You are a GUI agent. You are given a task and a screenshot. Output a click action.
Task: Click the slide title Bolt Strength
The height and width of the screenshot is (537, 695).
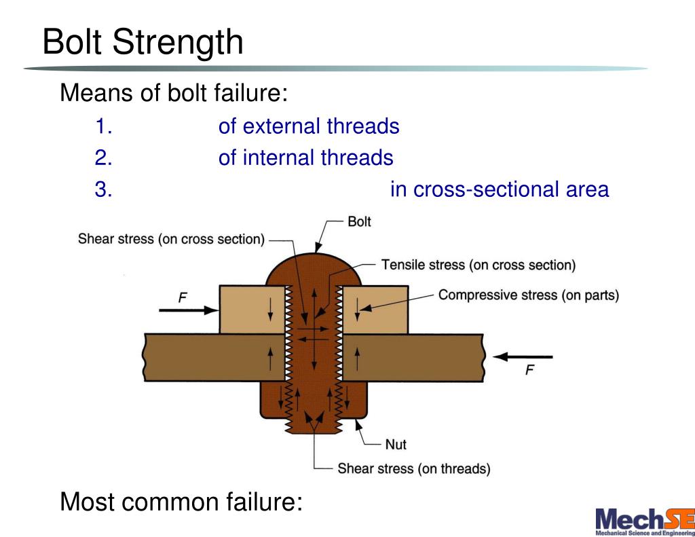click(143, 42)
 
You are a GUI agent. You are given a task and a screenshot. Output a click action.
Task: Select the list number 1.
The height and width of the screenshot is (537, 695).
click(103, 126)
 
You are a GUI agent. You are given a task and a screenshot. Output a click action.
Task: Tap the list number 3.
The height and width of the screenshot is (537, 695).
click(103, 189)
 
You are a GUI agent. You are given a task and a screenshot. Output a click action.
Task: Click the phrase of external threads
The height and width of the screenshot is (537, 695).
click(309, 126)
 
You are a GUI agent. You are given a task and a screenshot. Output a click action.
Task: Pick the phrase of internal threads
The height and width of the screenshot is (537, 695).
click(305, 158)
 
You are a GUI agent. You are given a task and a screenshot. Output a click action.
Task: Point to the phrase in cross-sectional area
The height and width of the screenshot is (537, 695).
click(500, 189)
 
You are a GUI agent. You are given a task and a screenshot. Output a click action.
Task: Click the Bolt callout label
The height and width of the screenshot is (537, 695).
click(359, 222)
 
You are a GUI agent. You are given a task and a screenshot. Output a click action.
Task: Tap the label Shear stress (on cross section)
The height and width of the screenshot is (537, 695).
click(171, 239)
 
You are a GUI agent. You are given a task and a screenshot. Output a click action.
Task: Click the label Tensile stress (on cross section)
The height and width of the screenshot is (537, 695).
click(478, 265)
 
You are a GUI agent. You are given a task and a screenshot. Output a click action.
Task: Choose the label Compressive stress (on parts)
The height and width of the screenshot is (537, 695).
click(529, 295)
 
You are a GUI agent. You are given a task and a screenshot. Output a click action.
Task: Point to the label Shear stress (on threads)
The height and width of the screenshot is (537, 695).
click(414, 468)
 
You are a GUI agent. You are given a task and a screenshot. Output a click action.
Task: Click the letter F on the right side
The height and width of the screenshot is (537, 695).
click(530, 370)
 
